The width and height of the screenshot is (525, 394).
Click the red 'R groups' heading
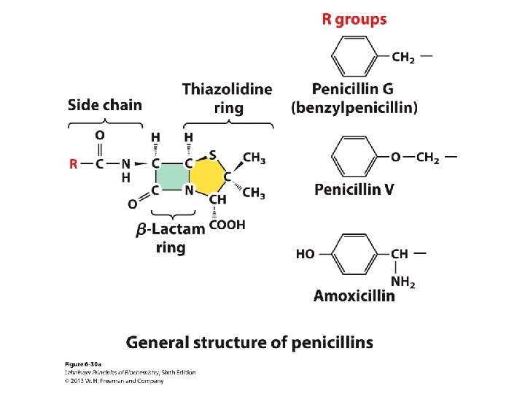[354, 20]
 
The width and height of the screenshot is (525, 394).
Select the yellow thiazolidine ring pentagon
[209, 177]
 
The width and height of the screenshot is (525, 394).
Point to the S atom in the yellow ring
[213, 154]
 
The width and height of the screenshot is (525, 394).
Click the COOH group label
[227, 225]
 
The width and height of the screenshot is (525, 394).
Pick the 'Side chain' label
[105, 104]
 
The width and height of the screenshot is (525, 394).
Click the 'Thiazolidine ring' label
[227, 98]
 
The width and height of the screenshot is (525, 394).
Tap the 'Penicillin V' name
[354, 190]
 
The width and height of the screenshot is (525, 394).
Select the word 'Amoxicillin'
[354, 295]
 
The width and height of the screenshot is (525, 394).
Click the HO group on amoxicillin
[306, 254]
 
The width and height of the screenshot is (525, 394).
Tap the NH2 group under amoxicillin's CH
[402, 282]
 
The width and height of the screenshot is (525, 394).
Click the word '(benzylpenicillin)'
[354, 108]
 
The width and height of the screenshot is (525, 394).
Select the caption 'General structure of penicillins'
[249, 342]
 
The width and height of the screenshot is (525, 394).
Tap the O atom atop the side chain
[100, 135]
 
